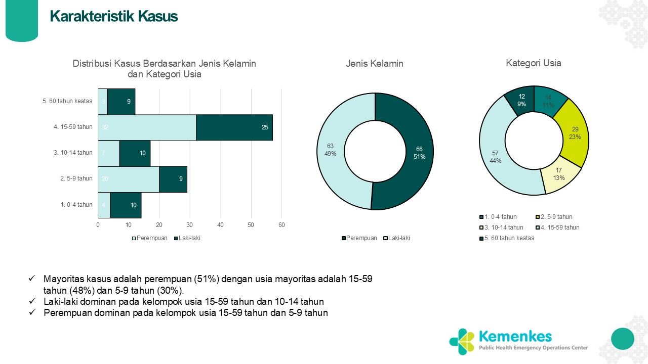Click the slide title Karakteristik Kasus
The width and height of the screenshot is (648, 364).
(x=114, y=17)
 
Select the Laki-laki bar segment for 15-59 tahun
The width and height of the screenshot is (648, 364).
(x=234, y=127)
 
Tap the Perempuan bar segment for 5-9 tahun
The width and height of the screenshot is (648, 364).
(x=129, y=179)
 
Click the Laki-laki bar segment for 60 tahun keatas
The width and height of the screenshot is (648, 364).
(x=121, y=101)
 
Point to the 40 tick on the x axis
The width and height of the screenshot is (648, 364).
(x=221, y=224)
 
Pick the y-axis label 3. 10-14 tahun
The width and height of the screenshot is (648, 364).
(x=73, y=153)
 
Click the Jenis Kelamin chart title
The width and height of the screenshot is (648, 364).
(x=375, y=64)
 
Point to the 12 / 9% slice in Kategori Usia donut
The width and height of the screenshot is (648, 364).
(x=521, y=100)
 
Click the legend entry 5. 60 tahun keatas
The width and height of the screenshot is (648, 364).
(x=508, y=238)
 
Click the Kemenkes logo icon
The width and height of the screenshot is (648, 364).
(x=461, y=341)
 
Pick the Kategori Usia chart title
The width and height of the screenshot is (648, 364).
(x=534, y=63)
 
